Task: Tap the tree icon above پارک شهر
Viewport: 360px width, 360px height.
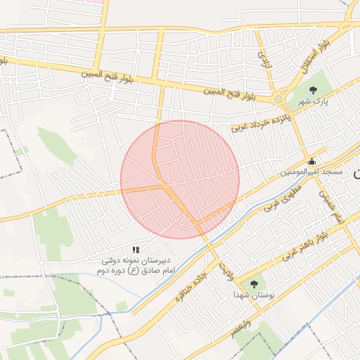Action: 313,89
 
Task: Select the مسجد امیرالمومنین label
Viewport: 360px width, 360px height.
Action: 311,172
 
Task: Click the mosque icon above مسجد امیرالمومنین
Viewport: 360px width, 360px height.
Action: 311,161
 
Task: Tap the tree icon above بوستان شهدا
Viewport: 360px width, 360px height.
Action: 254,284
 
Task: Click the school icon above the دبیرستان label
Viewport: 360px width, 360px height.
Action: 136,250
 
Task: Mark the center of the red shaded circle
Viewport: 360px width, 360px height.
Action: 180,179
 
